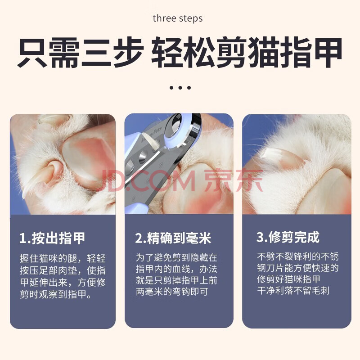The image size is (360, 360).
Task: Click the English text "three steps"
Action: click(177, 18)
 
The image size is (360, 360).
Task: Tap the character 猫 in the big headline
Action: click(264, 53)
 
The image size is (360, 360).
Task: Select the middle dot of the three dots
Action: click(180, 87)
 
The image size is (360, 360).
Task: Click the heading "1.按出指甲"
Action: click(52, 238)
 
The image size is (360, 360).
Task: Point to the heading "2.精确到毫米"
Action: click(173, 238)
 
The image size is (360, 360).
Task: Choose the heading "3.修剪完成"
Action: click(288, 237)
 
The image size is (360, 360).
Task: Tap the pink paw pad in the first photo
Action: click(88, 158)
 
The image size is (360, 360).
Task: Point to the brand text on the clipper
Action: click(151, 135)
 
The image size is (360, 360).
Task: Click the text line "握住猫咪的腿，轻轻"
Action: click(63, 258)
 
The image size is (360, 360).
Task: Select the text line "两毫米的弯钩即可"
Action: click(172, 292)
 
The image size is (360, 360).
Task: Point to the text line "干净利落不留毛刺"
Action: click(293, 291)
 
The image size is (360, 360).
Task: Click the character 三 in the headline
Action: click(96, 53)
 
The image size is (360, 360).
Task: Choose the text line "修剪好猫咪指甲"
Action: click(288, 279)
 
